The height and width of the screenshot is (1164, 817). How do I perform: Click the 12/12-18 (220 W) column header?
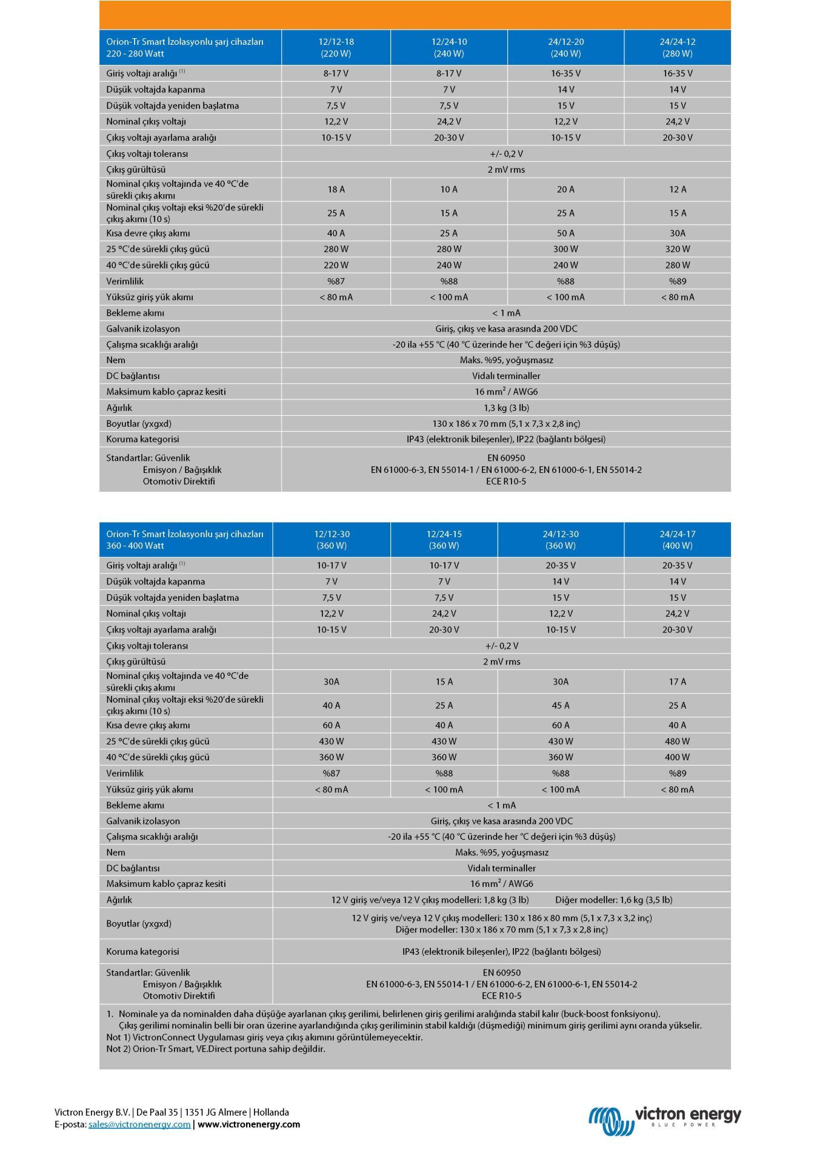336,47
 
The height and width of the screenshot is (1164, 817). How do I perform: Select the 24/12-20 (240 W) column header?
565,47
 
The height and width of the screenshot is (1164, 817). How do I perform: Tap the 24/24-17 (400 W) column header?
677,540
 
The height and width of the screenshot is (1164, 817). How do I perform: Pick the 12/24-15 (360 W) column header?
444,540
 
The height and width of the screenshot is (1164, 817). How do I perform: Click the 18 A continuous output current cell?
336,189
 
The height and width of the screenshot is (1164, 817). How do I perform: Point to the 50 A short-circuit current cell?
565,233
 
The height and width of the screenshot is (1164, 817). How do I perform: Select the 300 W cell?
565,249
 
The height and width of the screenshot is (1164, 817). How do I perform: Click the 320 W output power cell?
677,249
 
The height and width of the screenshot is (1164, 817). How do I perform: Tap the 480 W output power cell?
677,741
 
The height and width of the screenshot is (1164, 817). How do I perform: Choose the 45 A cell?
561,705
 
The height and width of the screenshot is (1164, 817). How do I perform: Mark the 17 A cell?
677,681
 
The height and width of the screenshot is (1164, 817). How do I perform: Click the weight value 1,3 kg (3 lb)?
506,407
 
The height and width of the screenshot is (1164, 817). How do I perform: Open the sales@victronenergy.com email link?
139,1124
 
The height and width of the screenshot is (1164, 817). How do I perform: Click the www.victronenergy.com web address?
248,1124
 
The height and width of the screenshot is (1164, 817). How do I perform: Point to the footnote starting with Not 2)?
216,1048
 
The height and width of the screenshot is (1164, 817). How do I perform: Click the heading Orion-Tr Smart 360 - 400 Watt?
185,540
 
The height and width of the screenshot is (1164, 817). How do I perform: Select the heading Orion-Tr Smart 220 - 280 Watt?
185,47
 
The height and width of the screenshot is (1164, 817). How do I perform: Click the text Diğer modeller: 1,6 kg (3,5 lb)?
613,900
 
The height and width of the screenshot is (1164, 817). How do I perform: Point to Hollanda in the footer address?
271,1112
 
